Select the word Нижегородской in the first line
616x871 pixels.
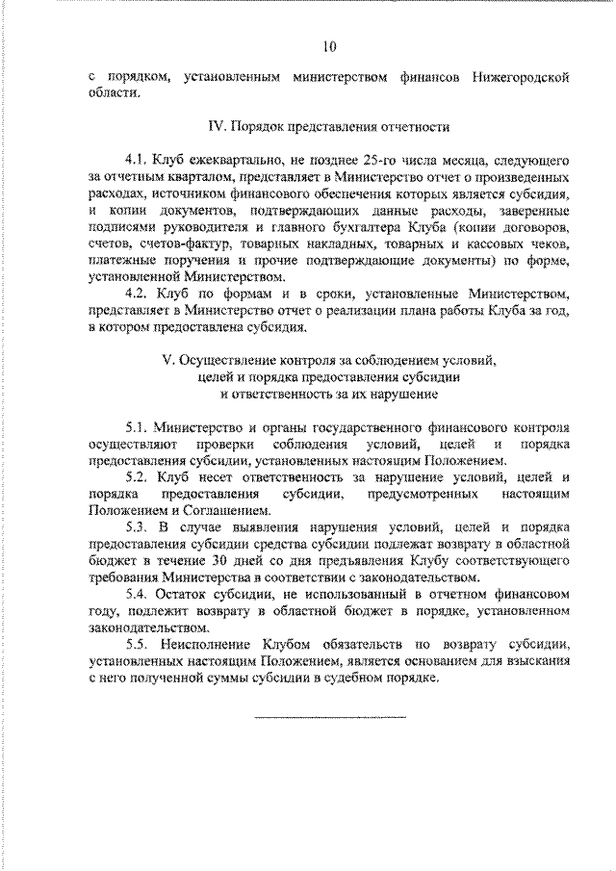click(x=510, y=76)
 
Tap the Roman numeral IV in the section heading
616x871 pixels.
click(x=217, y=127)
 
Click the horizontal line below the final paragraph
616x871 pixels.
click(x=330, y=717)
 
